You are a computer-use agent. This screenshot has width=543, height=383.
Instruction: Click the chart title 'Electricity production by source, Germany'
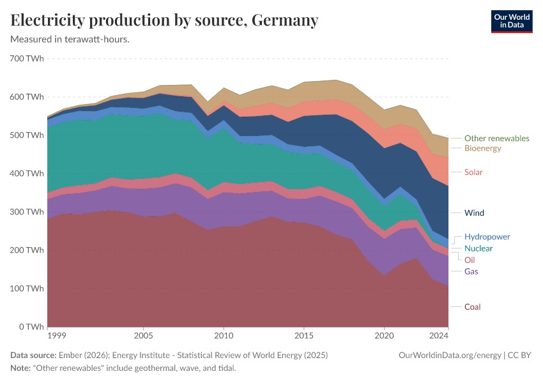click(165, 20)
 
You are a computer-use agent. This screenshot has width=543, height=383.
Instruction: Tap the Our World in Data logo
click(511, 21)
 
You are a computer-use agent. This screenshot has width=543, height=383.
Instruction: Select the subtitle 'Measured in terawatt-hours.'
click(70, 40)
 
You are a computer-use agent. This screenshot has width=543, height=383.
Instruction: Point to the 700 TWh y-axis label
click(27, 59)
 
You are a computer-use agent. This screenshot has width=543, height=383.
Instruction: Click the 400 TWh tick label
click(27, 174)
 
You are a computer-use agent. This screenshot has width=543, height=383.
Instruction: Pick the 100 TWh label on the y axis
click(27, 289)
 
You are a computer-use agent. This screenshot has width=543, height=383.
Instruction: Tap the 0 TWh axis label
click(31, 327)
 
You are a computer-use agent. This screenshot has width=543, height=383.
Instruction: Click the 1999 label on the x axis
click(56, 335)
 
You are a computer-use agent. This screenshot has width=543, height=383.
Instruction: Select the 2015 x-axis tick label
click(303, 335)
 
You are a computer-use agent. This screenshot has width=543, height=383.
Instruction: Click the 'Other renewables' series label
click(496, 138)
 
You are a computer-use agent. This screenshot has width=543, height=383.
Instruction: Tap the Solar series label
click(473, 172)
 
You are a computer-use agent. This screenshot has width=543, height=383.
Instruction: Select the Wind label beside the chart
click(474, 213)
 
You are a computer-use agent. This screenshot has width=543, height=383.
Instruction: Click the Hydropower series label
click(487, 237)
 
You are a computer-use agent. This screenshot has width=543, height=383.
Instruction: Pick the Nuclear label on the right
click(478, 248)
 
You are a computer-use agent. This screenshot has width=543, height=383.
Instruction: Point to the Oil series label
click(470, 260)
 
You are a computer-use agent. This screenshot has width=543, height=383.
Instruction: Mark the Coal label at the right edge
click(472, 307)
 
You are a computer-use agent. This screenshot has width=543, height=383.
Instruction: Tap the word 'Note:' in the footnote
click(22, 368)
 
